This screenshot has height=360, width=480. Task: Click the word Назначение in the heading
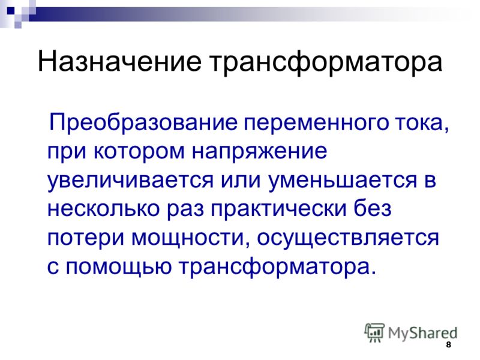tap(119, 61)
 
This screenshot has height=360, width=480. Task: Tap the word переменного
tap(316, 123)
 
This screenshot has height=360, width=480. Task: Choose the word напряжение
tap(260, 152)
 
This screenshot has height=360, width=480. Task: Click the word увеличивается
tap(130, 181)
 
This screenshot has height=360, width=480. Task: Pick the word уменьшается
tap(343, 181)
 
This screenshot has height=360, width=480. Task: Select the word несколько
tap(103, 209)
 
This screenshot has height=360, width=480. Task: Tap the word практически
tap(278, 209)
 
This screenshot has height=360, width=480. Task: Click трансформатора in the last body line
tap(274, 268)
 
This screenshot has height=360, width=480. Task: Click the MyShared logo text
tap(422, 333)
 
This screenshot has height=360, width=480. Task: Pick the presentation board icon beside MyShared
tap(374, 332)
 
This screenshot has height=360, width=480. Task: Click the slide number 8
tap(448, 344)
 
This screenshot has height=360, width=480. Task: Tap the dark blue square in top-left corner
tap(10, 11)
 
